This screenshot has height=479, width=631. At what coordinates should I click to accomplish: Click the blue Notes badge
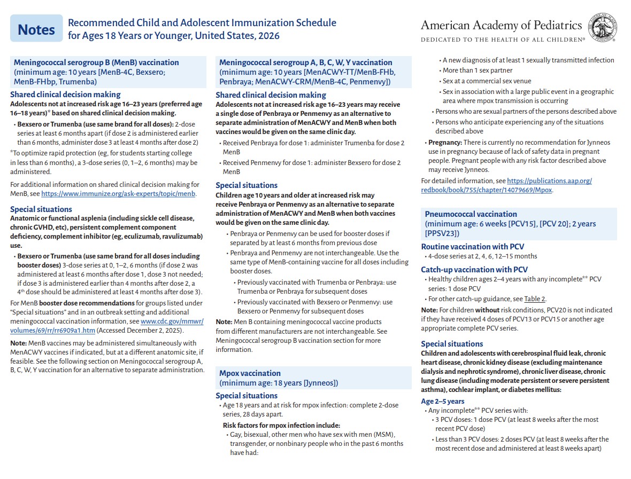pos(36,30)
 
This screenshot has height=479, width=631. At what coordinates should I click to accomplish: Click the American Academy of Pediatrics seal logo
pos(602,28)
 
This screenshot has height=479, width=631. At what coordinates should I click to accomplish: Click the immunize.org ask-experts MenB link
pos(118,194)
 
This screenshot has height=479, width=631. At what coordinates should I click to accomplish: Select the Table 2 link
pos(535,299)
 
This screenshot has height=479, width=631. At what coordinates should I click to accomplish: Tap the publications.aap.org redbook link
pos(549,181)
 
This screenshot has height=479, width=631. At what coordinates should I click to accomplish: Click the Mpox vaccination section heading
pos(250,373)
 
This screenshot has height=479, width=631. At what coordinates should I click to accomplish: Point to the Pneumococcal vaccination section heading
pos(471,214)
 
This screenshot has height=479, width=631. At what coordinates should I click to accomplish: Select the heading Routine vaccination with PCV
pos(472,247)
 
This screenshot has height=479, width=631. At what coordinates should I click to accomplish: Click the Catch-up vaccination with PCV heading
pos(474,270)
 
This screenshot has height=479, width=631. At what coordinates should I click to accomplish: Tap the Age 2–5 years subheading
pos(442,401)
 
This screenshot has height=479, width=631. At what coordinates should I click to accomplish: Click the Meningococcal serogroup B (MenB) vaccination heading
pos(96,62)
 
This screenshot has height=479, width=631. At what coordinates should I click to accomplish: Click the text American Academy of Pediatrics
pos(501,25)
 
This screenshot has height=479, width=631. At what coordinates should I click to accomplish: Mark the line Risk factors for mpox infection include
pos(281,425)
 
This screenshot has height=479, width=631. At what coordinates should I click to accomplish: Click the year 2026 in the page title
pos(268,36)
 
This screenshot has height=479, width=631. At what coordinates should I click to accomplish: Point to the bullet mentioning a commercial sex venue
pos(487,81)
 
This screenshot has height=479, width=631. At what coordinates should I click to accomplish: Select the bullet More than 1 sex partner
pos(477,70)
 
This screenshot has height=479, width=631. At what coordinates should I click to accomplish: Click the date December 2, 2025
pos(161,331)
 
